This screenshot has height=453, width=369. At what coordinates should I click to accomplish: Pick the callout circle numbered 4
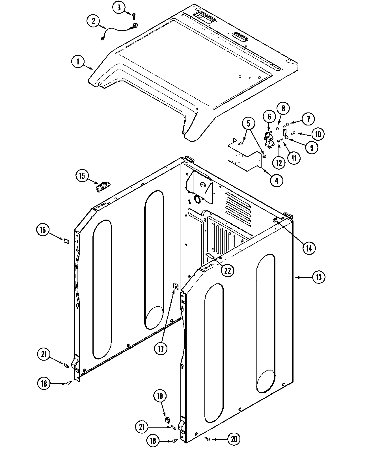(277, 180)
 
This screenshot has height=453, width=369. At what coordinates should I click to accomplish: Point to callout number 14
(308, 248)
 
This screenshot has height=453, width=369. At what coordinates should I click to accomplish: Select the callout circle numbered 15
(82, 176)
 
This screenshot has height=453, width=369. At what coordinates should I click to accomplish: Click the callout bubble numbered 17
(161, 348)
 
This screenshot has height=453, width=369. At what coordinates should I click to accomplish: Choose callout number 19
(160, 396)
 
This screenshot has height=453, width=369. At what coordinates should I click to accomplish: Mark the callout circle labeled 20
(234, 439)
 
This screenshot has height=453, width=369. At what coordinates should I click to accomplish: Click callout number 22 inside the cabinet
(227, 271)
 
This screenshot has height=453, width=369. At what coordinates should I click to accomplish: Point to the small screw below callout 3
(134, 17)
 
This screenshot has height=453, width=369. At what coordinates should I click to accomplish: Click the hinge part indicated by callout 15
(103, 187)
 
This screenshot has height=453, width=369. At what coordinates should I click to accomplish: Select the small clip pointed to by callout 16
(66, 241)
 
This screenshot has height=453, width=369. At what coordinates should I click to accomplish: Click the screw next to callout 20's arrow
(208, 439)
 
